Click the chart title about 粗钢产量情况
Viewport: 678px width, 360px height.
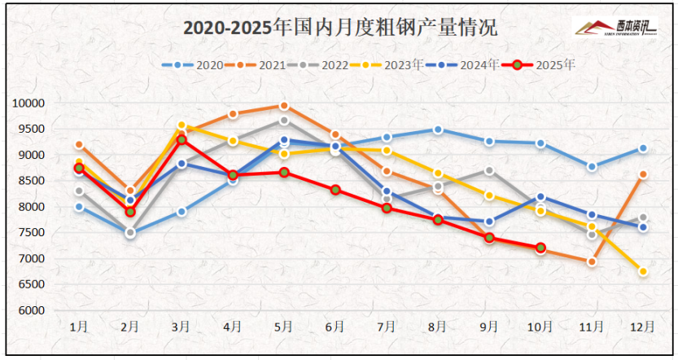339,27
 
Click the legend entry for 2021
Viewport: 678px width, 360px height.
254,64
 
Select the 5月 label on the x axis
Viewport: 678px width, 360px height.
283,327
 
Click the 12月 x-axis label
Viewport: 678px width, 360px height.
642,327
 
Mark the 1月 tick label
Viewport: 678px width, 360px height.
79,327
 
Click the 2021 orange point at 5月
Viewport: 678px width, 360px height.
283,106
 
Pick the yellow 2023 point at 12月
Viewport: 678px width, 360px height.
642,272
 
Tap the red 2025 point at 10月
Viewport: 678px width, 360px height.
540,248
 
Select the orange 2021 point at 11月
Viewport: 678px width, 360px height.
592,261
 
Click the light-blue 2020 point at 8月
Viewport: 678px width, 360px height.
438,130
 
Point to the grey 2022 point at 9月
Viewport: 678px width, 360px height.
488,170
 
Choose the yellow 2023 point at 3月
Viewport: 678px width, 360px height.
181,125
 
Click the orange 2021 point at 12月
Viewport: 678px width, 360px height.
642,174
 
